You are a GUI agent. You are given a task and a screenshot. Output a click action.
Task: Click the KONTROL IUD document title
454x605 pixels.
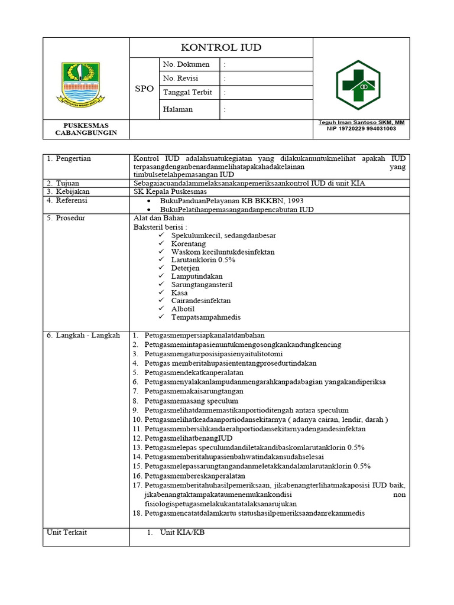pos(220,47)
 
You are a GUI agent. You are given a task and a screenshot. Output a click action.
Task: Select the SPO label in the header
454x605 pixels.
pos(144,89)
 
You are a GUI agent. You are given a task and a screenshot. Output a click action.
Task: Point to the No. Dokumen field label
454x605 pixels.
pos(186,64)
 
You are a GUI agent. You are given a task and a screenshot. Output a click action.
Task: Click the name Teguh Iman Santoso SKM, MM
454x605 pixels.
pos(360,122)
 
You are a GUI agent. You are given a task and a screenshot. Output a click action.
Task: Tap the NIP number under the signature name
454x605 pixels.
pos(361,128)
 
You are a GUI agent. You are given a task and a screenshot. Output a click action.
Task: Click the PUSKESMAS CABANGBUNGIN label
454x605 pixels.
pos(86,129)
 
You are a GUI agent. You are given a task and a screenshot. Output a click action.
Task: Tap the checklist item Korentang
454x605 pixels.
pos(188,243)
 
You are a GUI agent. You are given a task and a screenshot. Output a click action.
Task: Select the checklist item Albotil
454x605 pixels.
pos(184,309)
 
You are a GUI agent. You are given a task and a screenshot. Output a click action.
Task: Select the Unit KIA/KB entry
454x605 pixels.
pos(179,532)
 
